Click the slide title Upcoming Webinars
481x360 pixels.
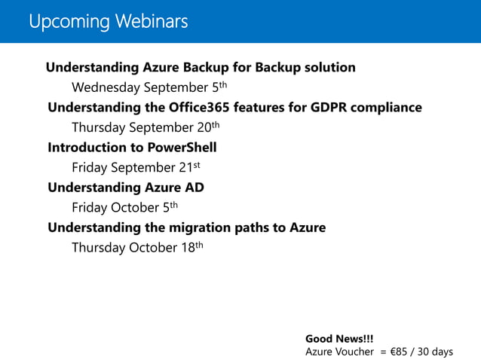[108, 22]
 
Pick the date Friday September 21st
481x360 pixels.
[136, 166]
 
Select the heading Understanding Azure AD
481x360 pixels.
[126, 187]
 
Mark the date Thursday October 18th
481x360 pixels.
[137, 247]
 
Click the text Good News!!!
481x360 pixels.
[339, 339]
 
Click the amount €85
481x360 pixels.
[401, 352]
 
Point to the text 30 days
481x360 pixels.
[438, 352]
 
